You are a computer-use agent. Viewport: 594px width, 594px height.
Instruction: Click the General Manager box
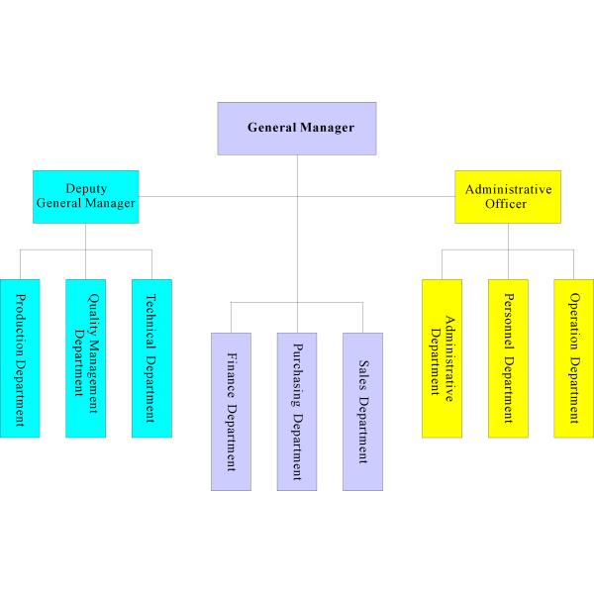tap(297, 128)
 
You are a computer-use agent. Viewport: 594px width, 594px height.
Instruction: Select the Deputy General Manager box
tap(85, 196)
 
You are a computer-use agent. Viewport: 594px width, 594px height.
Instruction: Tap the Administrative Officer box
tap(507, 196)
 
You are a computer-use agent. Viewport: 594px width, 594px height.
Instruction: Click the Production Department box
tap(20, 357)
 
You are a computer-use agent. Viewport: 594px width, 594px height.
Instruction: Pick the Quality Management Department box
tap(85, 357)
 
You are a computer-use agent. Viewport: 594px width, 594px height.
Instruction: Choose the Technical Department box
tap(151, 357)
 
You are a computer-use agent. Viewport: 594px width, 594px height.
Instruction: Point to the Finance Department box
tap(231, 411)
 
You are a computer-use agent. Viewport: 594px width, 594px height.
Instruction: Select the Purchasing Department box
tap(297, 411)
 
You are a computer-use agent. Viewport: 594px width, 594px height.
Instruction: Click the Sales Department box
tap(362, 411)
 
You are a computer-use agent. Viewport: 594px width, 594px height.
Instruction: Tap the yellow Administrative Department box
tap(442, 357)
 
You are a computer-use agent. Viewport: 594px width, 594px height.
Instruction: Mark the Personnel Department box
tap(508, 357)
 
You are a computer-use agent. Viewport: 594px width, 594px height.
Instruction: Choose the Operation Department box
tap(574, 357)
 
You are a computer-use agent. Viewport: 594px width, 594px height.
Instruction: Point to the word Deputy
tap(86, 188)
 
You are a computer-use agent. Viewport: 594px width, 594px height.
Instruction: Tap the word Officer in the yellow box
tap(506, 204)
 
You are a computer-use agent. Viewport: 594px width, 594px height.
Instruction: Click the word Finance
tap(231, 373)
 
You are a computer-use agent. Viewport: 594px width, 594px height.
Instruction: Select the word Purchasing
tap(297, 374)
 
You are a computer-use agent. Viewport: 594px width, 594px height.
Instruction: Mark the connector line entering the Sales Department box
tap(362, 317)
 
